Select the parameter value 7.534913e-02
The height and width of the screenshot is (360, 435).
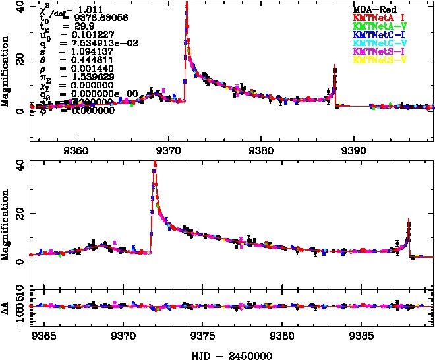coord(92,42)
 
